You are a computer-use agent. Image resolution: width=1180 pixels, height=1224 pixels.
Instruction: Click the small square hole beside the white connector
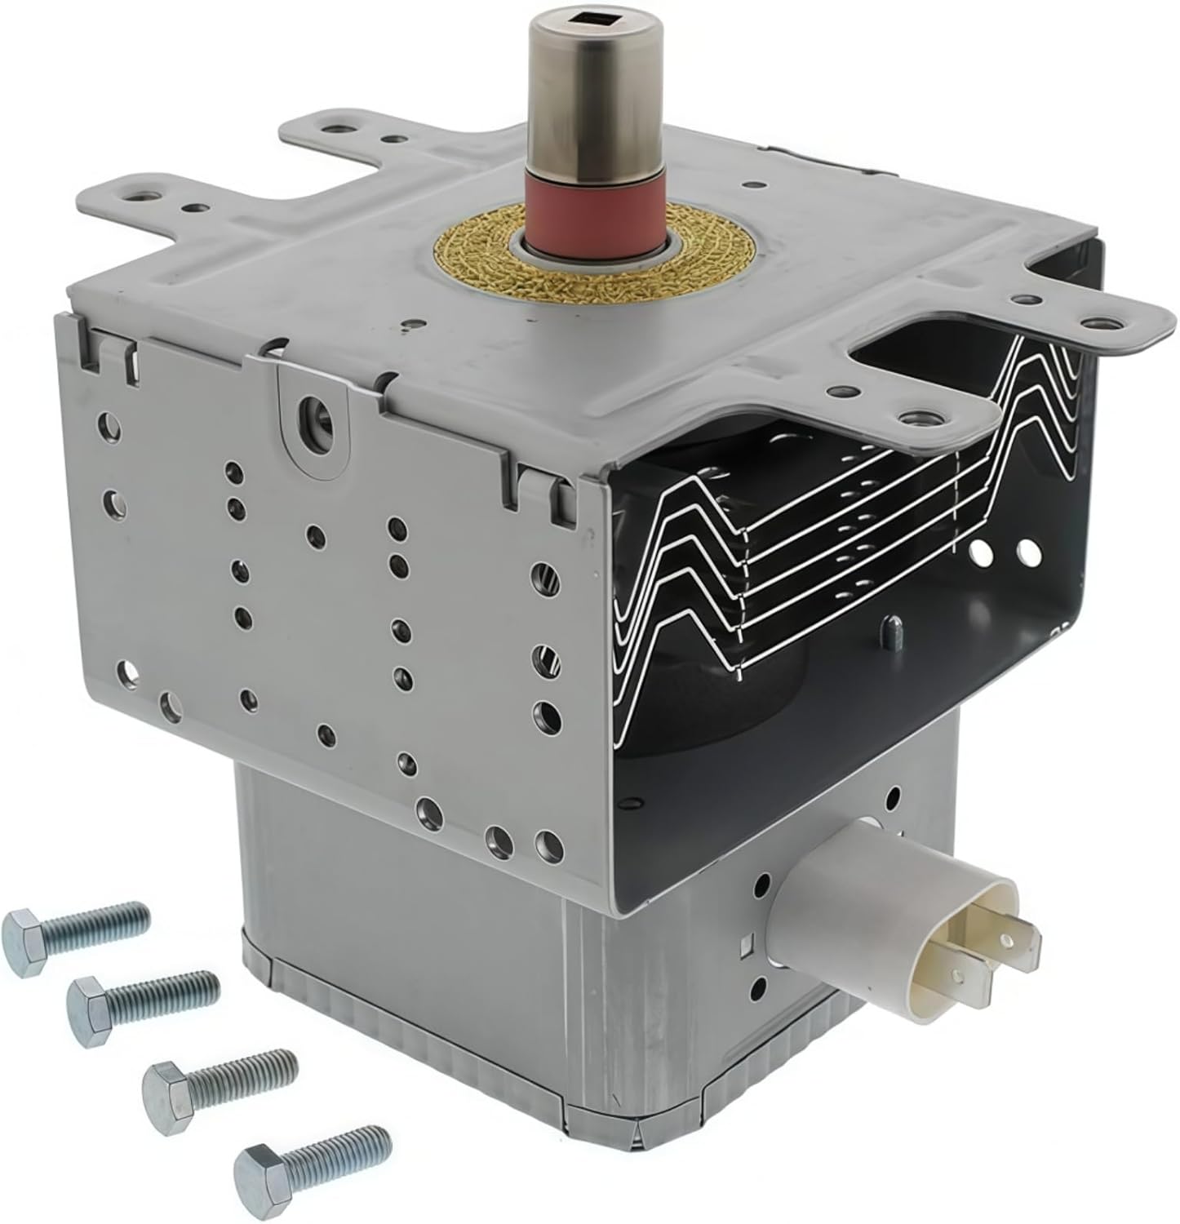pyautogui.click(x=746, y=947)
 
